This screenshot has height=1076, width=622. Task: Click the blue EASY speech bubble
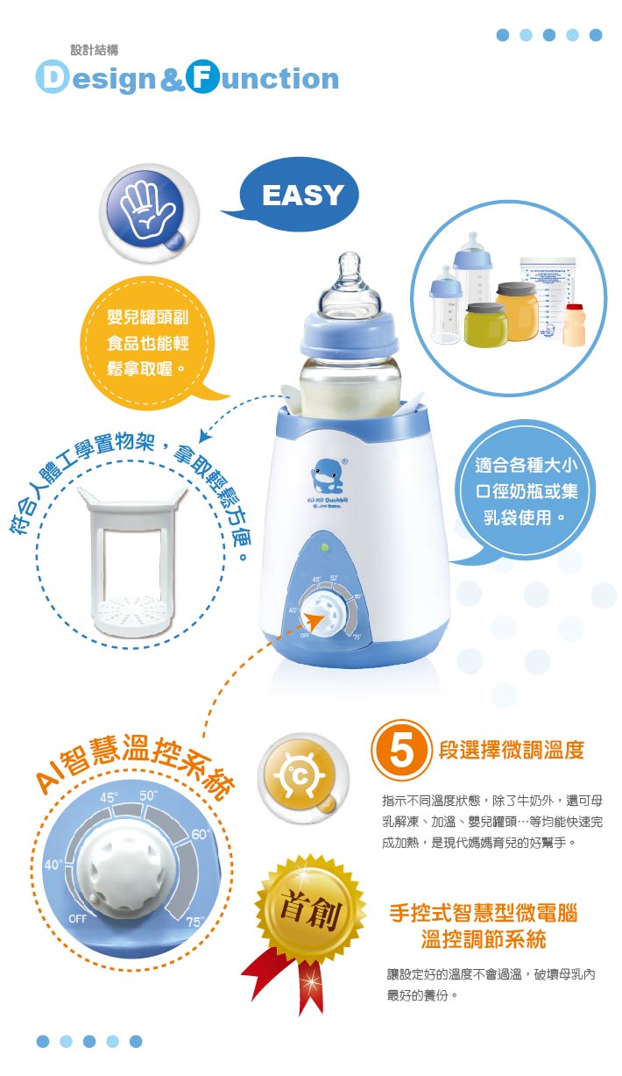[303, 195]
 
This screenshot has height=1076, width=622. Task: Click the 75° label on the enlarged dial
[194, 922]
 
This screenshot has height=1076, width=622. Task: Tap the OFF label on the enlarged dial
[77, 917]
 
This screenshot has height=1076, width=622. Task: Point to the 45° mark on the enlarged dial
[109, 797]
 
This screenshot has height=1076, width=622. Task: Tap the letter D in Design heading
[52, 79]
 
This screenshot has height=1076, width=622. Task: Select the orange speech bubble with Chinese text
[148, 338]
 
